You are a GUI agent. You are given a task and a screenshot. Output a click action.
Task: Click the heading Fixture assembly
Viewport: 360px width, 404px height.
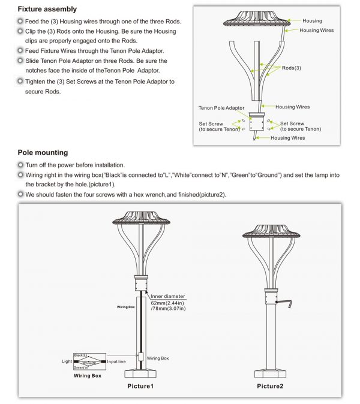click(x=47, y=9)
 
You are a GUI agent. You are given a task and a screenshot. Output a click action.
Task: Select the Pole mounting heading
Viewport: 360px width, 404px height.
click(x=43, y=153)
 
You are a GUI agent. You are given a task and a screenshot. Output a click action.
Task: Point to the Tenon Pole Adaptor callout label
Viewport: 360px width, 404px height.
click(x=221, y=108)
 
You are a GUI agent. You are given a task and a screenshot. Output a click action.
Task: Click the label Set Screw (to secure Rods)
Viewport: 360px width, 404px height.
click(x=211, y=126)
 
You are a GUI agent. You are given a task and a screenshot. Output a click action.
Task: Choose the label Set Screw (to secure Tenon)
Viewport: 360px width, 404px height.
click(x=300, y=126)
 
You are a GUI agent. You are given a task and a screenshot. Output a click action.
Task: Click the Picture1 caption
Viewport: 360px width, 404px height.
click(x=140, y=385)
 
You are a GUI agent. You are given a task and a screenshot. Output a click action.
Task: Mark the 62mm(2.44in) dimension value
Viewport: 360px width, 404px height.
click(x=169, y=303)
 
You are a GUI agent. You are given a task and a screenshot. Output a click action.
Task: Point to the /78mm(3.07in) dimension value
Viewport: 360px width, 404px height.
click(x=169, y=310)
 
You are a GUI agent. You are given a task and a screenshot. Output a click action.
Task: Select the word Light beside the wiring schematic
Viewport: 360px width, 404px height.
click(x=67, y=362)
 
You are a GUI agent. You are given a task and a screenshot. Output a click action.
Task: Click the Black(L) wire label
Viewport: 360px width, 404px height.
click(x=82, y=356)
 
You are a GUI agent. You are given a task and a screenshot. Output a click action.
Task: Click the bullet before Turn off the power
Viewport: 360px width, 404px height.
click(x=20, y=165)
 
